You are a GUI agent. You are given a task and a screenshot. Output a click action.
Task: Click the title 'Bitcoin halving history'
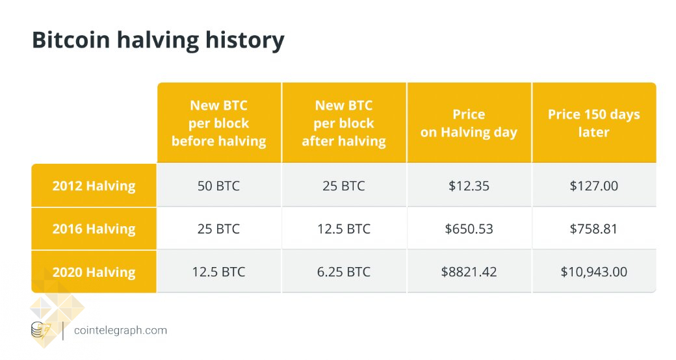(x=158, y=40)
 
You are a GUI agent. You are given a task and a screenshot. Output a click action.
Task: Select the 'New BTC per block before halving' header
(x=218, y=123)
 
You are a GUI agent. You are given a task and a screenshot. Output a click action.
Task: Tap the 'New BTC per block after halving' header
(x=344, y=123)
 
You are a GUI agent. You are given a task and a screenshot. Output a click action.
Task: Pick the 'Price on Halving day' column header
(x=469, y=123)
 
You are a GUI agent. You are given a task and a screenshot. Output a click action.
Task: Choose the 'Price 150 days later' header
(x=593, y=123)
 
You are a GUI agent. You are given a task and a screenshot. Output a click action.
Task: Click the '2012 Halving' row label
(x=94, y=186)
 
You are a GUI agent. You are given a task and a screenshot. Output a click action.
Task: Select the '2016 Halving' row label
(x=94, y=229)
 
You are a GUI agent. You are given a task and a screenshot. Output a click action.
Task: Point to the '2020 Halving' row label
(x=94, y=272)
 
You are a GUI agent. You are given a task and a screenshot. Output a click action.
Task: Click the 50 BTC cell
(x=218, y=186)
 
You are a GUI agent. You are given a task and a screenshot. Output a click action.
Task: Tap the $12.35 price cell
(x=469, y=186)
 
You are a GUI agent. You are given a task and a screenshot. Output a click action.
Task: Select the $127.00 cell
(x=593, y=186)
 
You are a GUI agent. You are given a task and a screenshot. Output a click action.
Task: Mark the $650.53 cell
(x=469, y=229)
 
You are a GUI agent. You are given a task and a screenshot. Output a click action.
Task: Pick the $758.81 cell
(x=593, y=229)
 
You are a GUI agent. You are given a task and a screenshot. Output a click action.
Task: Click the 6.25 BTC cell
(x=344, y=272)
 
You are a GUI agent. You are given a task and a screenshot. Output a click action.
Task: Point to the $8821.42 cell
(x=469, y=272)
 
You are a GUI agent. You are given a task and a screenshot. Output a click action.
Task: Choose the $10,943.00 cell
(x=593, y=272)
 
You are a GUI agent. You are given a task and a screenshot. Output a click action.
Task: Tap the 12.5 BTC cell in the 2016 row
(x=344, y=229)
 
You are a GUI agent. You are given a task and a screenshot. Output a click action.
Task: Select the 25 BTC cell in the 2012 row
(x=344, y=186)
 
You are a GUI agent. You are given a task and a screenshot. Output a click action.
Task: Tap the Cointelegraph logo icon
(x=40, y=330)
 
